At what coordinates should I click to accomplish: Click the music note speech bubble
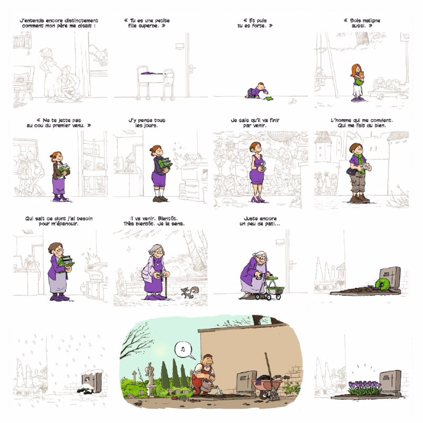(183, 350)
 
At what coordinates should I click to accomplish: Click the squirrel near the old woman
(190, 292)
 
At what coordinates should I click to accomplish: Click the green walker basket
(275, 287)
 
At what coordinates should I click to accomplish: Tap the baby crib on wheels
(155, 83)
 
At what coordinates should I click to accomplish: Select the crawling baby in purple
(256, 90)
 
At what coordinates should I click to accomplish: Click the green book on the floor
(269, 99)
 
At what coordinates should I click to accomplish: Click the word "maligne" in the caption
(370, 21)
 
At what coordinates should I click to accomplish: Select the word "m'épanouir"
(63, 224)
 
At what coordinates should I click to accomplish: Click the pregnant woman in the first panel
(49, 75)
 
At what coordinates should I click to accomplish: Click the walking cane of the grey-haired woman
(166, 287)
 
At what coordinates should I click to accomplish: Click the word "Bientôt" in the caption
(167, 218)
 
